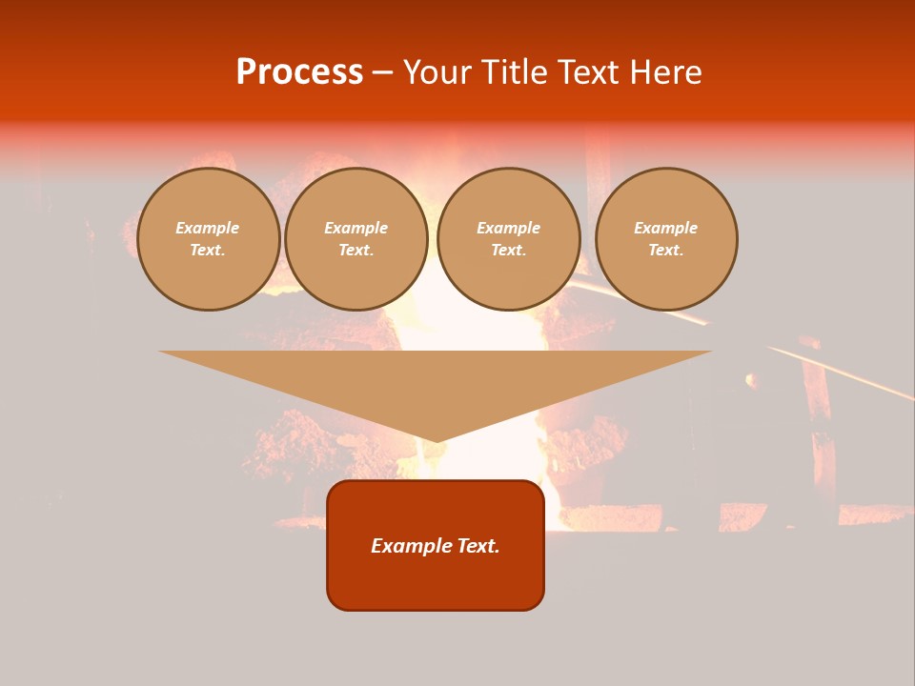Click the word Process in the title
tap(299, 72)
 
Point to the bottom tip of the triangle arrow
tap(436, 441)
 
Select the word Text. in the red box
tap(476, 546)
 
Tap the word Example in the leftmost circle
tap(208, 228)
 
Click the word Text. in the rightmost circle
tap(666, 250)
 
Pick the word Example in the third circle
tap(509, 228)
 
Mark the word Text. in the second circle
tap(356, 250)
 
